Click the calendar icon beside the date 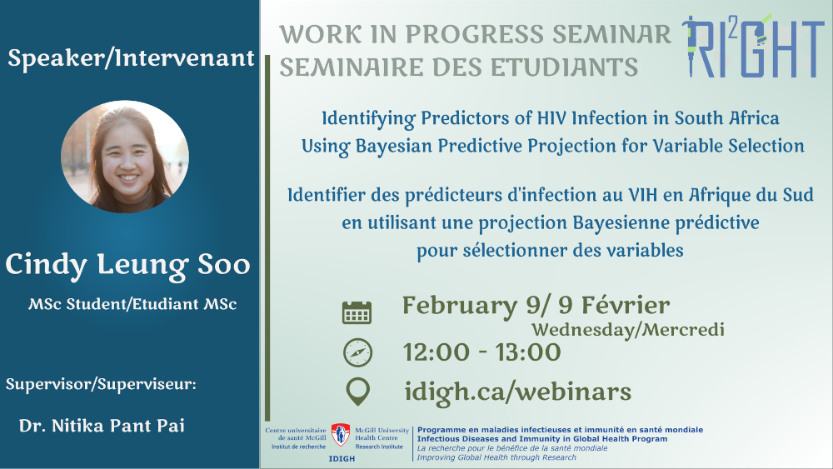click(357, 312)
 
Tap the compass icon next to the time click(357, 352)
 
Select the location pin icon click(357, 392)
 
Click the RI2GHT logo click(753, 46)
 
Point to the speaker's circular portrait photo click(125, 157)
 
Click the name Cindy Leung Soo click(127, 265)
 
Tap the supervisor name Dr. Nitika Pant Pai click(102, 426)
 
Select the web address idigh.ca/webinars click(517, 392)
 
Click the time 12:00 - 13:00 click(481, 352)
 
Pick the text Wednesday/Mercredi click(628, 330)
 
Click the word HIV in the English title click(552, 118)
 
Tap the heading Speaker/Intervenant click(131, 57)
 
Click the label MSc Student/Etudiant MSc click(132, 304)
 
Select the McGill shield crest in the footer click(341, 435)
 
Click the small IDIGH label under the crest click(342, 459)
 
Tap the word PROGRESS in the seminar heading click(475, 34)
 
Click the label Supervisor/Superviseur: click(101, 385)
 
